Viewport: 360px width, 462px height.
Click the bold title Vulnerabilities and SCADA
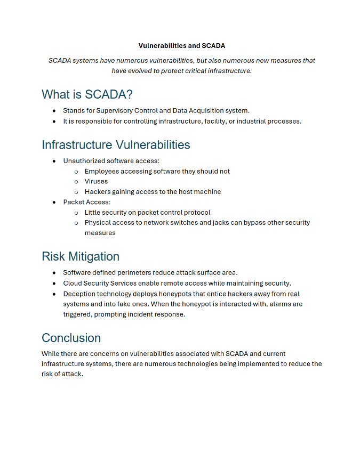click(x=181, y=46)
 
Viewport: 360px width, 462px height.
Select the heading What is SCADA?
click(x=87, y=94)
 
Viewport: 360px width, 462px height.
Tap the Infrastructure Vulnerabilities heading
click(x=116, y=144)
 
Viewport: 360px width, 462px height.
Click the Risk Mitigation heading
click(x=80, y=256)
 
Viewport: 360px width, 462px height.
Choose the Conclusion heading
click(x=71, y=338)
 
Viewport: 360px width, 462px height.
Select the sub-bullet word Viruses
click(x=96, y=181)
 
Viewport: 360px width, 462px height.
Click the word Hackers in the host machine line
click(x=98, y=192)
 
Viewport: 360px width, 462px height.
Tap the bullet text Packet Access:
click(x=87, y=202)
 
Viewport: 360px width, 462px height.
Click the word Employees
click(x=102, y=171)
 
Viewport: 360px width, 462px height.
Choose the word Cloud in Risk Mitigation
click(x=73, y=283)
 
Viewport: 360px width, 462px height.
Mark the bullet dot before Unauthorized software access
click(x=54, y=161)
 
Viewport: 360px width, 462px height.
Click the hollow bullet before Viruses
click(x=76, y=182)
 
